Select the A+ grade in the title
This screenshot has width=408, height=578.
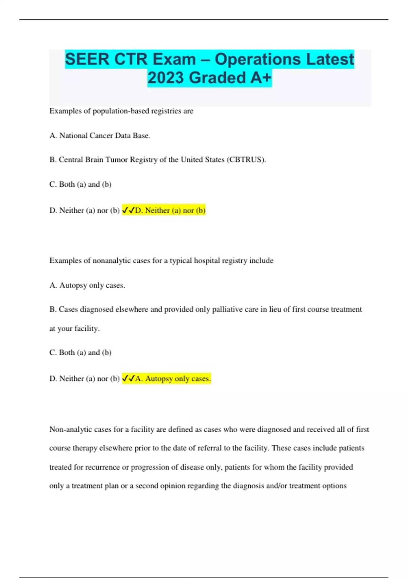(261, 78)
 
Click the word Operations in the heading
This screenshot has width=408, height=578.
(258, 59)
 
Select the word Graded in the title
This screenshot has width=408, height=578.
(217, 78)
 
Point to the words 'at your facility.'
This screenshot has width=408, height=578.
(74, 329)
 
